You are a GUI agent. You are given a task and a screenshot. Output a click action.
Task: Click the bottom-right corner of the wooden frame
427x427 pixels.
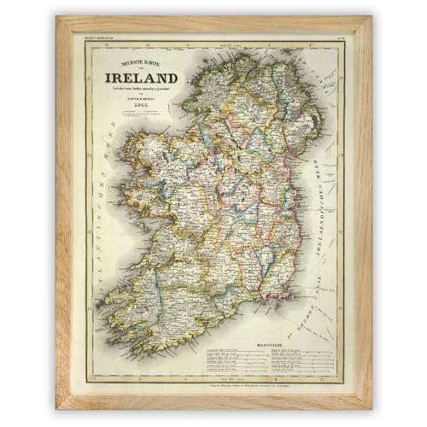[371, 407]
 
